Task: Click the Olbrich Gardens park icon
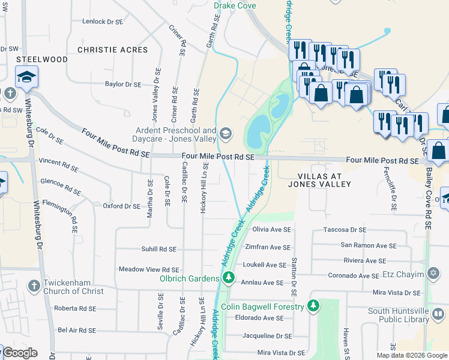click(x=228, y=278)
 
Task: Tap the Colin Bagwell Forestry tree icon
click(x=313, y=306)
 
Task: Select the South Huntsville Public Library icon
click(x=439, y=314)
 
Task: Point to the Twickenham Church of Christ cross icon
click(x=34, y=285)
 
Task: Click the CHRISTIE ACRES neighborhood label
click(x=112, y=50)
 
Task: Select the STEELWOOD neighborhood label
click(x=42, y=59)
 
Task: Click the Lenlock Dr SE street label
click(x=102, y=22)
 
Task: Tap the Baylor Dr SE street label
click(x=122, y=85)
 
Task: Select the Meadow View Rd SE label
click(x=149, y=270)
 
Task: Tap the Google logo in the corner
click(x=20, y=353)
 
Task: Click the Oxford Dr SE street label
click(x=121, y=206)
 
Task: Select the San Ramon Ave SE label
click(x=369, y=245)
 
